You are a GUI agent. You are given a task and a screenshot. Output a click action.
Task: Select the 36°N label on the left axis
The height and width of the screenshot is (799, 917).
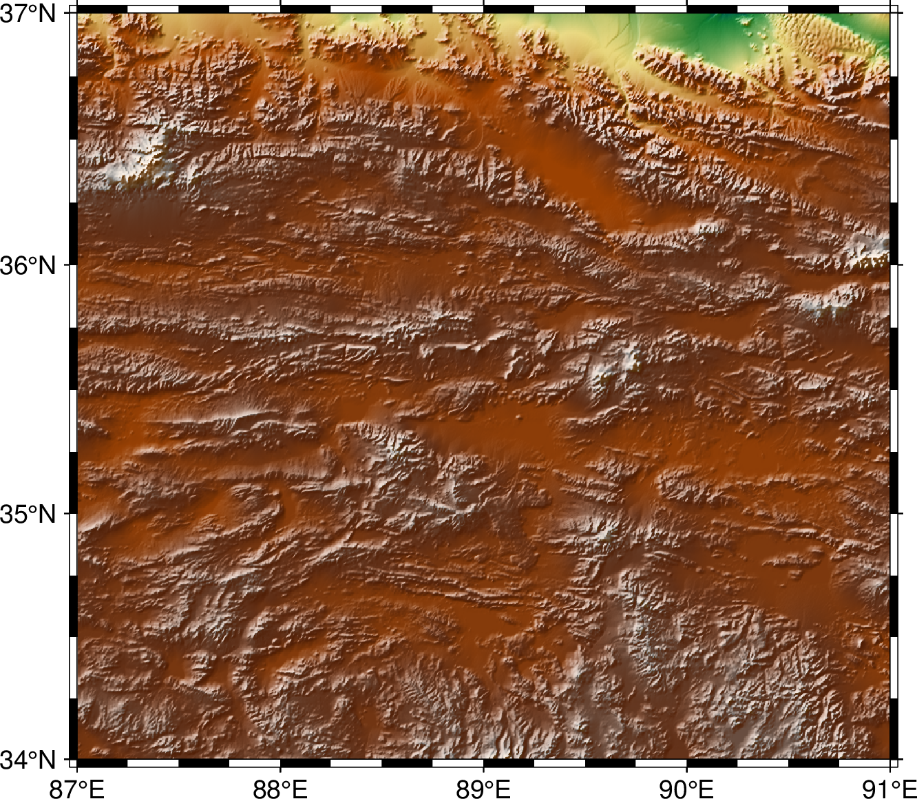[x=28, y=264]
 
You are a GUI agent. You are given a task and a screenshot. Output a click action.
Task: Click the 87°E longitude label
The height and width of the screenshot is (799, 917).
[x=77, y=787]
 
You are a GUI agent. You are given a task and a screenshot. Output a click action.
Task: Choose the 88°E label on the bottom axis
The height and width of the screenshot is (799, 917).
[x=280, y=787]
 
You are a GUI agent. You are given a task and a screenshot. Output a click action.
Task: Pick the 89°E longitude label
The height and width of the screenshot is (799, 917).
[x=483, y=787]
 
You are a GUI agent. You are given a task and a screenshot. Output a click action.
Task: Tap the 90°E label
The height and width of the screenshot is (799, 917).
[x=686, y=787]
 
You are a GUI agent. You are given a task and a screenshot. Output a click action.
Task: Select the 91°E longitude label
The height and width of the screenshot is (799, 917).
[x=889, y=787]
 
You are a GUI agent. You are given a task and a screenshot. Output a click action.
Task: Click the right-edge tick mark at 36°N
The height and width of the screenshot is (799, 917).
[x=896, y=264]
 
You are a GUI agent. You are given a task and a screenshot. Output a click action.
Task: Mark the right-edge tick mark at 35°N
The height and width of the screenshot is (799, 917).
[x=896, y=513]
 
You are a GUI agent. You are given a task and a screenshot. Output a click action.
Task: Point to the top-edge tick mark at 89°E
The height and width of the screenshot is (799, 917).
[x=483, y=8]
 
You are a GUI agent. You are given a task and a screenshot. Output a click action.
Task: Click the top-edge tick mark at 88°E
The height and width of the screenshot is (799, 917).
[x=280, y=8]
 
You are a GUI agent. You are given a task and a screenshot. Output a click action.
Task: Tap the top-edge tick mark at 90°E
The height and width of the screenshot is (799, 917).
[x=686, y=8]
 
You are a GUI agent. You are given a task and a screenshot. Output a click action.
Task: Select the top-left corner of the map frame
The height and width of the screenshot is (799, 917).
[x=77, y=13]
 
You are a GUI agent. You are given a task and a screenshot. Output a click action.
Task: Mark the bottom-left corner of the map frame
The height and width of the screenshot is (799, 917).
[x=77, y=760]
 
